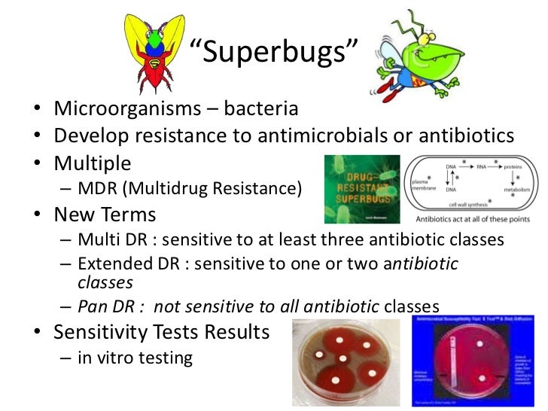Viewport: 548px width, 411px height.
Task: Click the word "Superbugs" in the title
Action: (273, 52)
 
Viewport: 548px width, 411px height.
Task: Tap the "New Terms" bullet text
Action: (105, 215)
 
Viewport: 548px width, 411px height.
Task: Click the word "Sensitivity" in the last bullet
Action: (112, 332)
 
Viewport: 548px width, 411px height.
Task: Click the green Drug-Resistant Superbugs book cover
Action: (358, 189)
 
